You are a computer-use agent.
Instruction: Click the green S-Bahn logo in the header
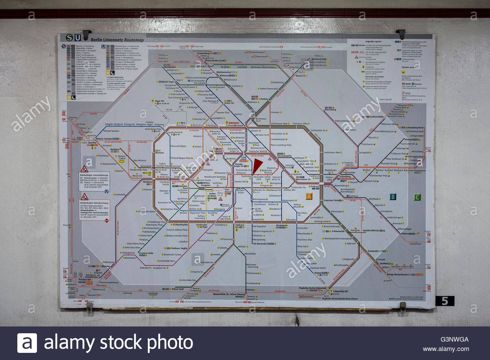(x=69, y=38)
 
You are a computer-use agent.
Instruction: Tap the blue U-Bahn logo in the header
(x=77, y=38)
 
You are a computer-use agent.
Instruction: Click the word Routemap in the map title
(x=134, y=40)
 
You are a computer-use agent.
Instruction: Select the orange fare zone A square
(x=309, y=197)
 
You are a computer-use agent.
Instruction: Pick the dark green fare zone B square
(x=393, y=197)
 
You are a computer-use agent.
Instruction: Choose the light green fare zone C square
(x=417, y=197)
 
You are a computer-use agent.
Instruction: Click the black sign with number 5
(x=445, y=301)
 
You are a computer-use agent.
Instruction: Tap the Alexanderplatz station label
(x=285, y=156)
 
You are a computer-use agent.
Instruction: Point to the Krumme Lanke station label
(x=145, y=253)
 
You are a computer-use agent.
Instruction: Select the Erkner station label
(x=405, y=233)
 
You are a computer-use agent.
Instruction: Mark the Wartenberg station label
(x=330, y=110)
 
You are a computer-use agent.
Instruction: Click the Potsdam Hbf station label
(x=85, y=280)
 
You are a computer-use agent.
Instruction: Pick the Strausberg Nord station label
(x=415, y=128)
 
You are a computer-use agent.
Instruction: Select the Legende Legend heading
(x=373, y=41)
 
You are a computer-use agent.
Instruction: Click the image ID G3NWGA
(x=454, y=339)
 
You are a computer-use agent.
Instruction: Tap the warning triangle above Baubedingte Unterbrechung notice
(x=84, y=197)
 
